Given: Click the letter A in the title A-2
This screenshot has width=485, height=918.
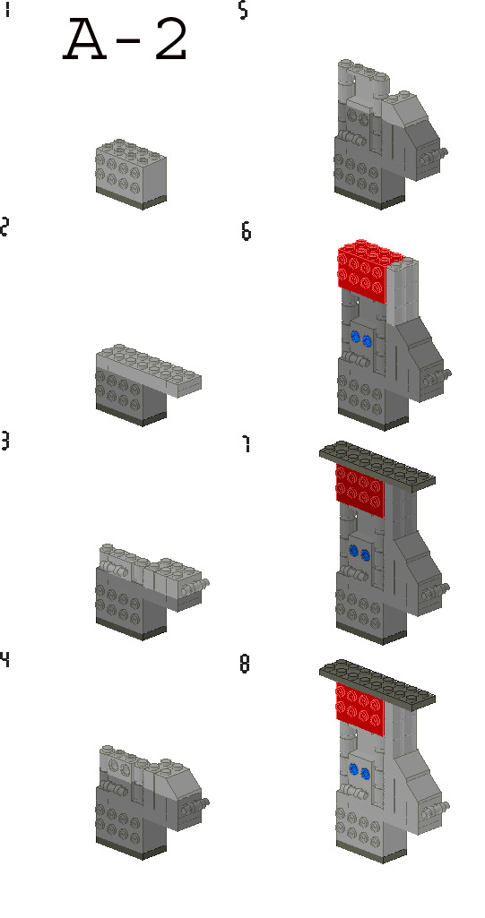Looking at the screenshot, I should pos(87,41).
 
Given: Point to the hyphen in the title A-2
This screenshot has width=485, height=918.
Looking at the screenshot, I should pos(127,45).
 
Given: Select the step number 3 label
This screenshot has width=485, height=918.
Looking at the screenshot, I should pos(5,442).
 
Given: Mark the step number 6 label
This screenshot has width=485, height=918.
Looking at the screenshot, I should pos(246,231).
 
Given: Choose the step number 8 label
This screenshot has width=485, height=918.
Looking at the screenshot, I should pos(246,665).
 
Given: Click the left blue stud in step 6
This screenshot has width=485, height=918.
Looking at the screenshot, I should pos(356,338).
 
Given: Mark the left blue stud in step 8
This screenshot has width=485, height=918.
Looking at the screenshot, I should pos(356,768).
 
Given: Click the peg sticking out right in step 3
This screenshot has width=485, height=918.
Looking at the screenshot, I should pos(205,585).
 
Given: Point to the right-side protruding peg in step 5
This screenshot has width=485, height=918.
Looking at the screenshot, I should pos(439,155).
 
